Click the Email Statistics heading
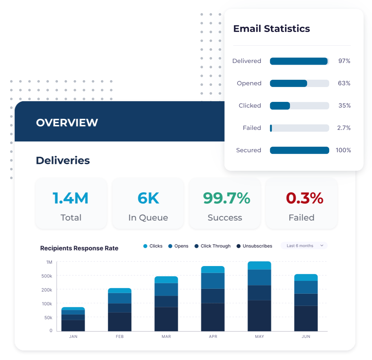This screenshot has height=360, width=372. click(x=271, y=29)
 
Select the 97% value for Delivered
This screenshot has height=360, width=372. click(x=344, y=61)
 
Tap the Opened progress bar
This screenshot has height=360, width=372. click(x=299, y=83)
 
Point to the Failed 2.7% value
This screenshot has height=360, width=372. click(x=344, y=128)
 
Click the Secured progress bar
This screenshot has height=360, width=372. click(x=299, y=150)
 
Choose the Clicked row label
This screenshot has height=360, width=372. click(x=250, y=105)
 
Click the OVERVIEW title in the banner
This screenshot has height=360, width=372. click(x=67, y=123)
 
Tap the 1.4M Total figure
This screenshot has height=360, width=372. click(x=71, y=198)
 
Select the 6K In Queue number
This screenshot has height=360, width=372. click(x=148, y=198)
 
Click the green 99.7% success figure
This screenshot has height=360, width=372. click(x=226, y=198)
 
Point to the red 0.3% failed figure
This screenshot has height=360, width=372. click(x=304, y=198)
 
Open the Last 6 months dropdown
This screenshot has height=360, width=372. click(x=304, y=246)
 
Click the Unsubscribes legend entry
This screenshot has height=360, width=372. click(x=255, y=246)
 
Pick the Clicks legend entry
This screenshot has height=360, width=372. click(x=153, y=246)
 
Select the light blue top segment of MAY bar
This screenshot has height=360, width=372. click(x=259, y=265)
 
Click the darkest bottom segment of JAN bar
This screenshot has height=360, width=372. click(x=73, y=325)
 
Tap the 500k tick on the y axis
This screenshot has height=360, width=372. click(x=46, y=276)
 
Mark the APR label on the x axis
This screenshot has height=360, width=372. click(x=213, y=337)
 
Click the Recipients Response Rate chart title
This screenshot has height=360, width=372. click(x=79, y=248)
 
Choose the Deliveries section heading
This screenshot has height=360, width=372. click(x=63, y=161)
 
